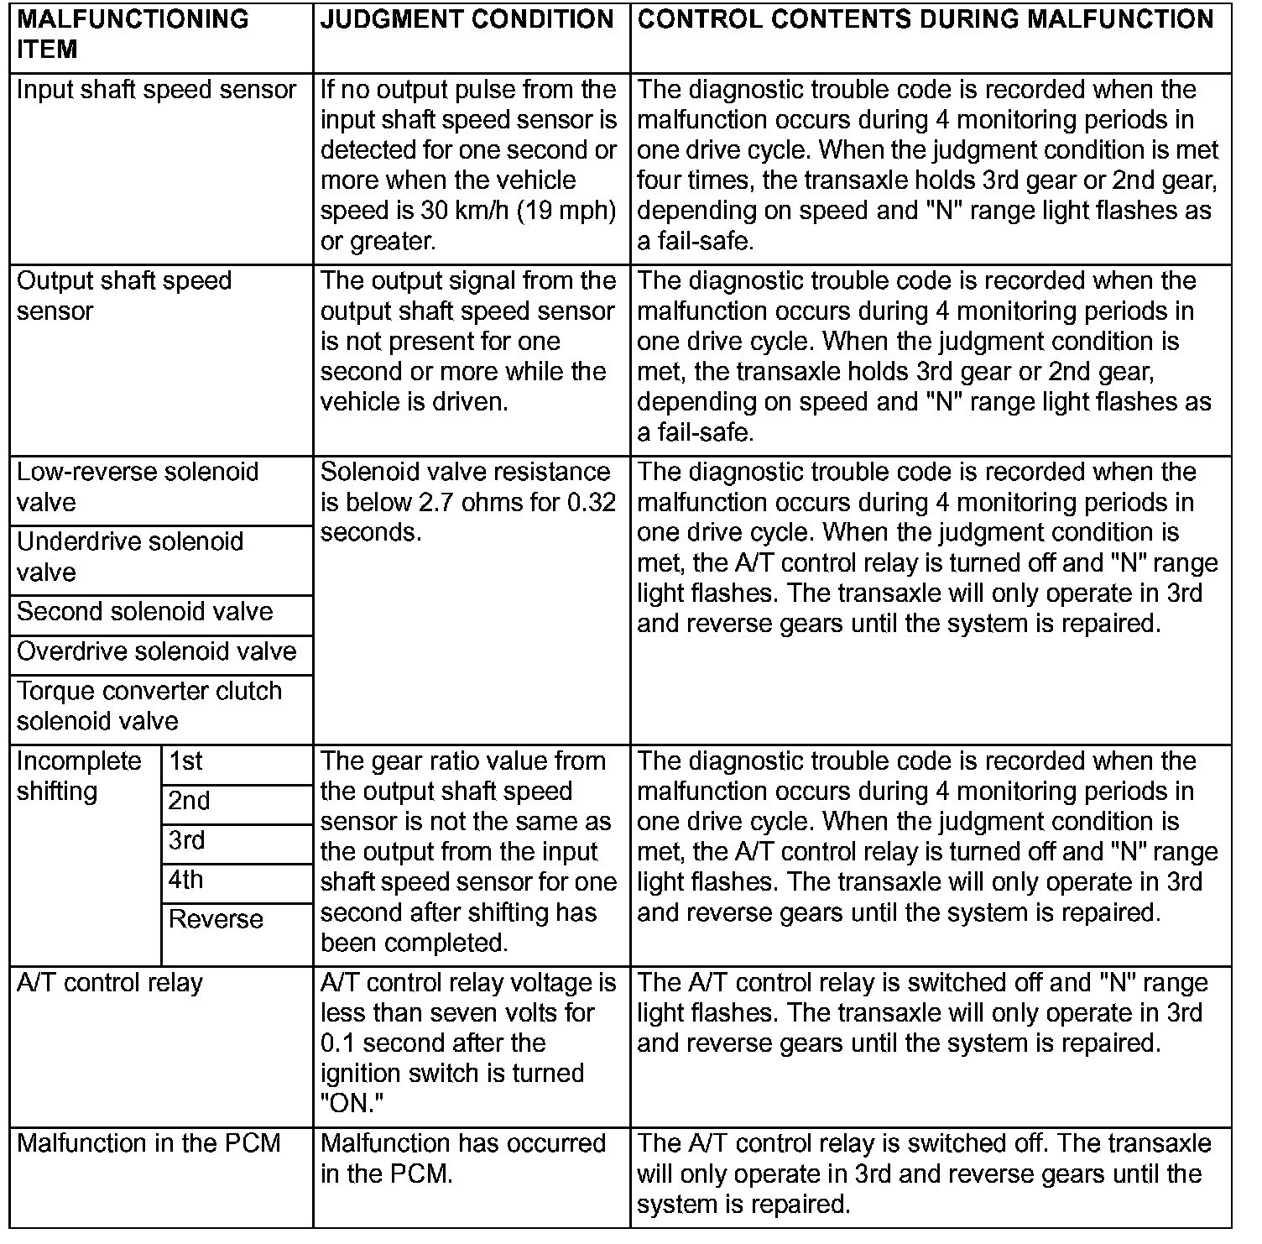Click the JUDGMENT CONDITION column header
pyautogui.click(x=467, y=19)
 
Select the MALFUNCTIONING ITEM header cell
pyautogui.click(x=132, y=34)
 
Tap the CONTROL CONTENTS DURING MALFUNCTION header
pyautogui.click(x=925, y=19)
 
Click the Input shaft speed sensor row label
pyautogui.click(x=156, y=90)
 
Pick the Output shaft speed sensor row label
pyautogui.click(x=123, y=295)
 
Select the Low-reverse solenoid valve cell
pyautogui.click(x=137, y=487)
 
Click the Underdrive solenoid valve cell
pyautogui.click(x=129, y=557)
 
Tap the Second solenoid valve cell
pyautogui.click(x=144, y=611)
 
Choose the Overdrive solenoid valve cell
pyautogui.click(x=156, y=651)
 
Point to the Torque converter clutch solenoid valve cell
pyautogui.click(x=149, y=706)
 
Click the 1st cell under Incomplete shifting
pyautogui.click(x=185, y=761)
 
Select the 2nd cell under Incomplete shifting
pyautogui.click(x=189, y=801)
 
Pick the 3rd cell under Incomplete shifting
pyautogui.click(x=187, y=840)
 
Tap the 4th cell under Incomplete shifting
pyautogui.click(x=185, y=880)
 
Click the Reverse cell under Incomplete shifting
pyautogui.click(x=216, y=919)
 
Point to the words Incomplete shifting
pyautogui.click(x=79, y=776)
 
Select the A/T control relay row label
pyautogui.click(x=109, y=982)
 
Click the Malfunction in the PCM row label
pyautogui.click(x=149, y=1143)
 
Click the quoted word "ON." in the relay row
pyautogui.click(x=347, y=1104)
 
